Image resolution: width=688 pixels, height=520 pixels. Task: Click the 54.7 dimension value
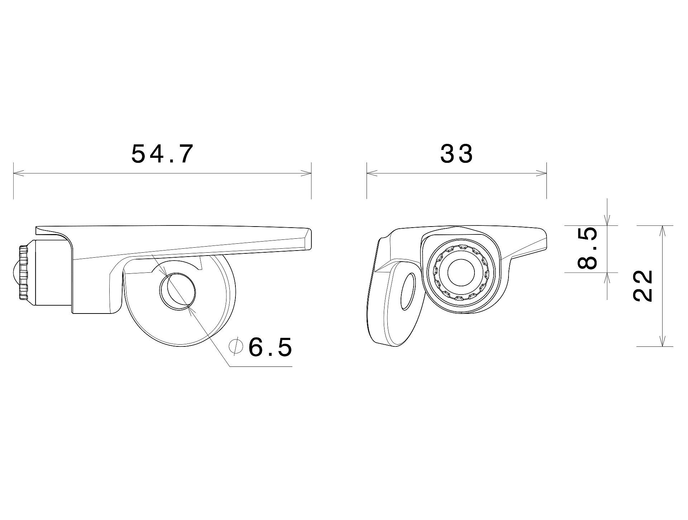(162, 154)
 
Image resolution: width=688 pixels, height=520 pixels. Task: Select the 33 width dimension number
(457, 154)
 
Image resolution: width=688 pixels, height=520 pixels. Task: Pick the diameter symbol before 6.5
(236, 347)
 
